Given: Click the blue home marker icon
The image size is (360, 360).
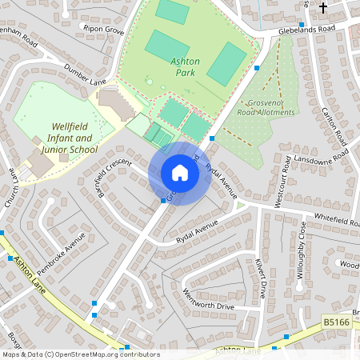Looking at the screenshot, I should [x=180, y=173].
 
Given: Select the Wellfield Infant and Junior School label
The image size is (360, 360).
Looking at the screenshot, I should [x=61, y=138].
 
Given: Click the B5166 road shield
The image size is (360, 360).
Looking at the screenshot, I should [x=336, y=321].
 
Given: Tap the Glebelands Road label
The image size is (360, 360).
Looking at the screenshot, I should [x=307, y=29].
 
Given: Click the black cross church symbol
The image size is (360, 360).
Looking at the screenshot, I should [x=324, y=8].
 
